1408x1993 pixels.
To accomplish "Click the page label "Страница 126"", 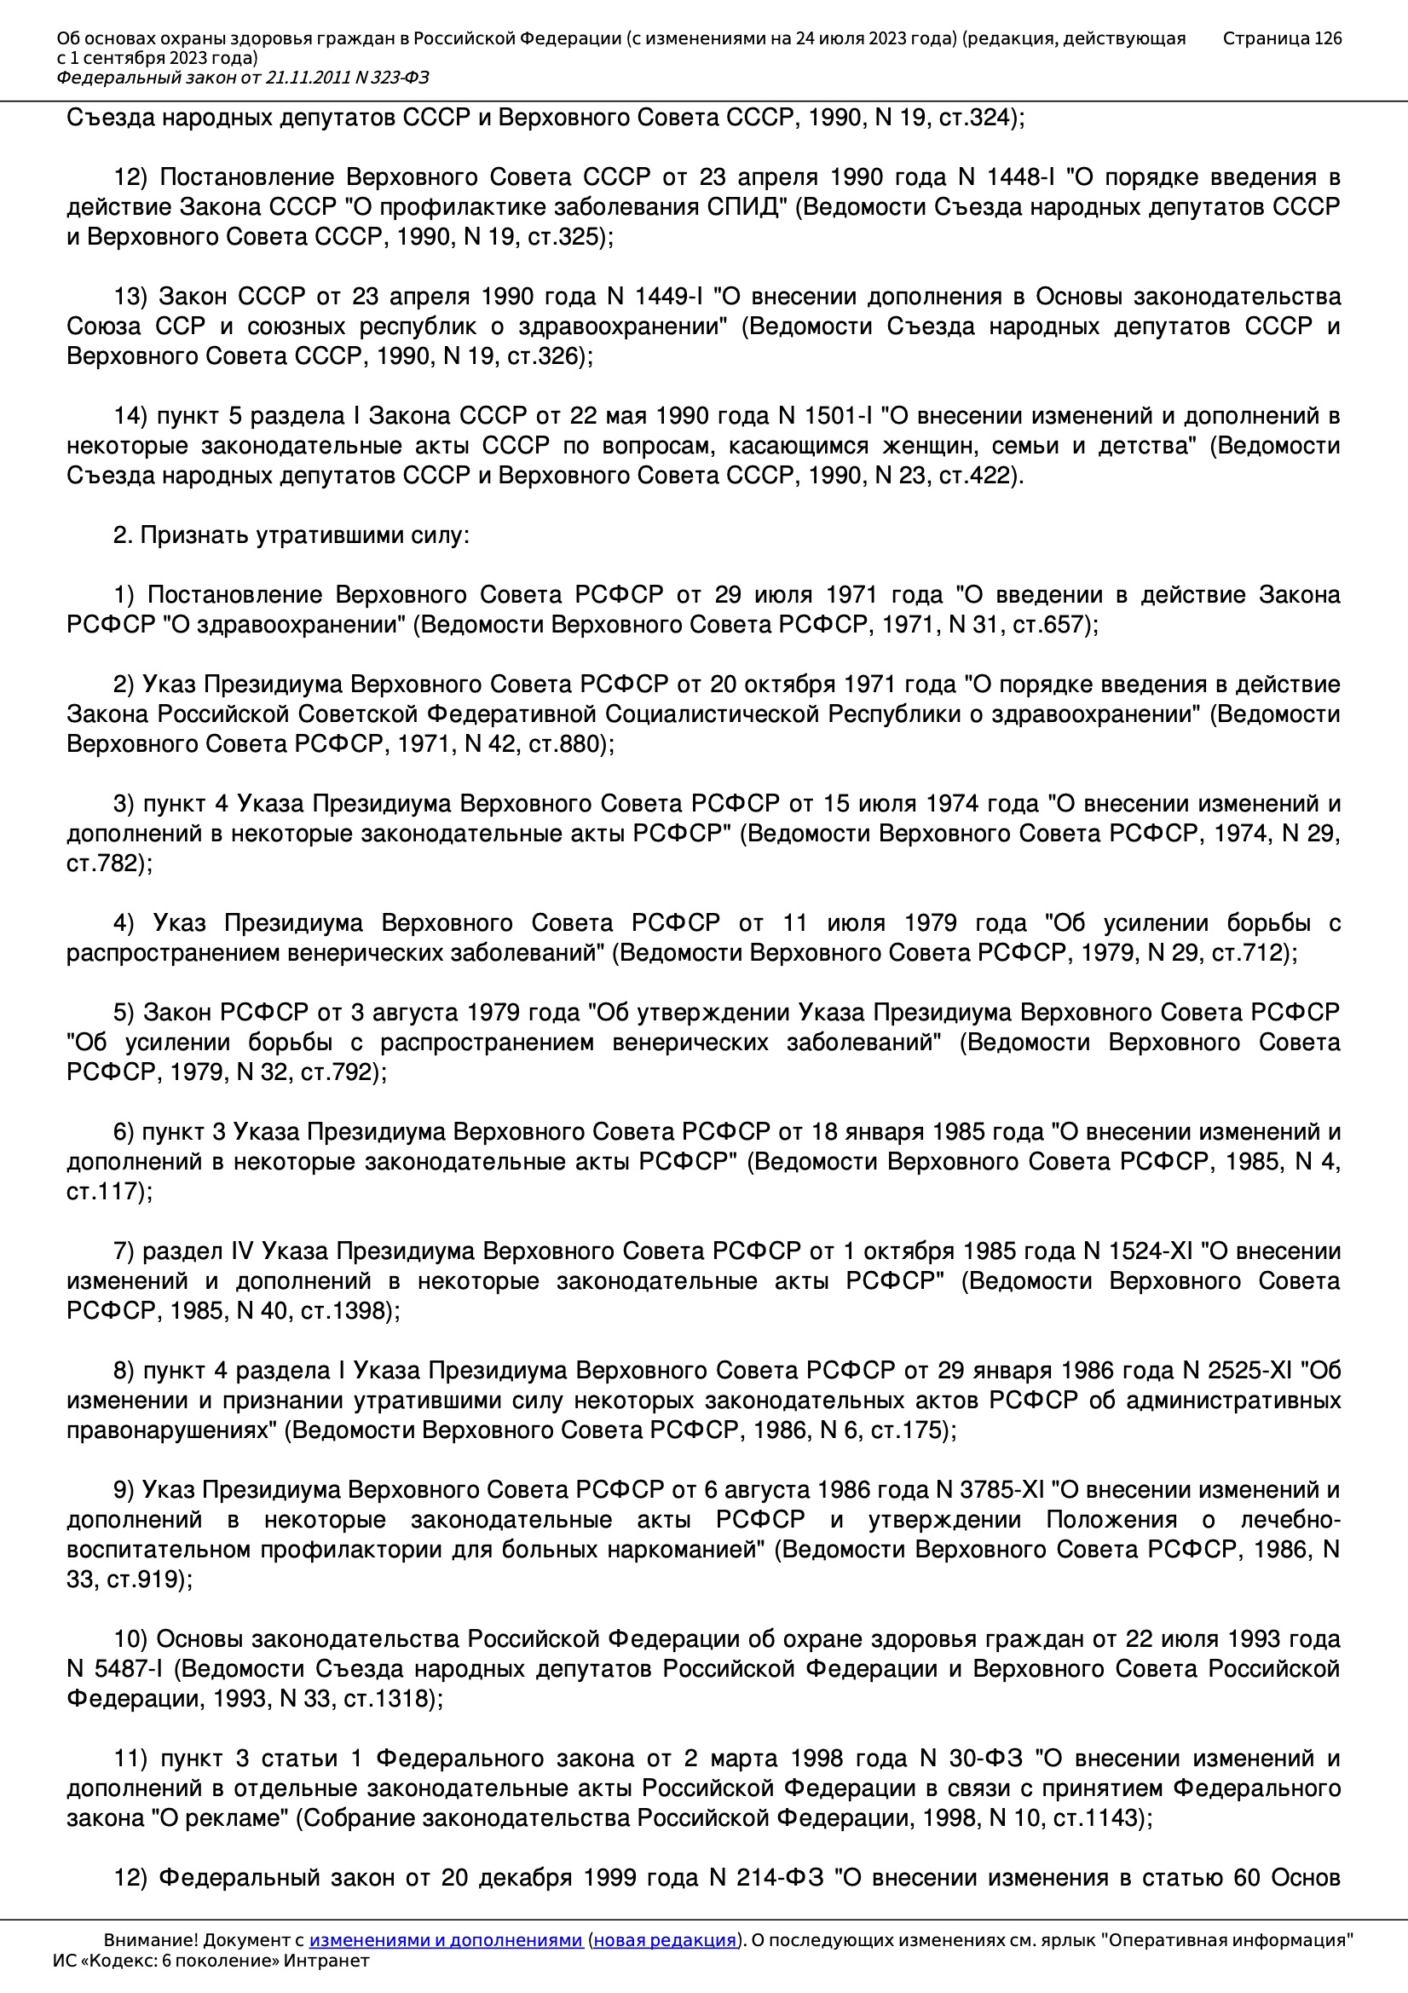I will point(1281,38).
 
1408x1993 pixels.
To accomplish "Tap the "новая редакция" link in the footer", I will point(664,1939).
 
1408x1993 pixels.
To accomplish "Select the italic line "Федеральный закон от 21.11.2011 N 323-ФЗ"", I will point(242,78).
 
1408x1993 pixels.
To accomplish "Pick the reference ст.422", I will point(977,476).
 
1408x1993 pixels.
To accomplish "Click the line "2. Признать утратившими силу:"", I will point(291,535).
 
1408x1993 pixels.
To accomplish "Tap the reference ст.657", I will point(1050,625).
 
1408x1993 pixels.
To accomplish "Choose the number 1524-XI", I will point(1138,1251).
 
